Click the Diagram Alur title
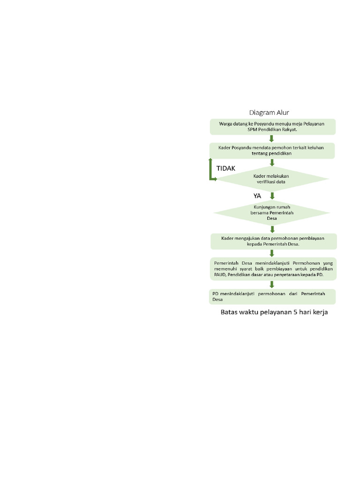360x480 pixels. [269, 112]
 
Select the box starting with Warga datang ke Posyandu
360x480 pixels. [272, 126]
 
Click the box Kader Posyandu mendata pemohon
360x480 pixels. [272, 150]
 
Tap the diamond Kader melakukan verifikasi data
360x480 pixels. [271, 179]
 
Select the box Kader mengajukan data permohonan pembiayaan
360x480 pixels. [272, 241]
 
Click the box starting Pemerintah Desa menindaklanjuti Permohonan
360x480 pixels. [272, 269]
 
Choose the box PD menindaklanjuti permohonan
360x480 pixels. [272, 296]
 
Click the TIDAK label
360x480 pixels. [225, 168]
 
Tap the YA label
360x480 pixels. [257, 196]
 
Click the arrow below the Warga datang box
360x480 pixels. [272, 138]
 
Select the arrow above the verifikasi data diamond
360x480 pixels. [272, 163]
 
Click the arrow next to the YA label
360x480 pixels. [272, 195]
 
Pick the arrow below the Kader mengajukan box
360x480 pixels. [272, 253]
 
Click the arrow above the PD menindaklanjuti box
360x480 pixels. [272, 284]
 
